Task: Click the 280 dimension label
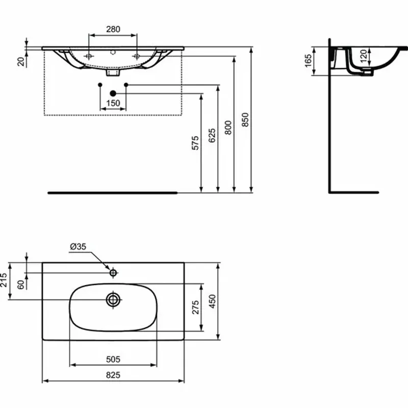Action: coord(113,29)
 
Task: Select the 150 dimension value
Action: coord(113,103)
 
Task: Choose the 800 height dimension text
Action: coord(228,127)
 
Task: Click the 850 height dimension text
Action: coord(245,119)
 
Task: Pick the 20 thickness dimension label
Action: coord(21,61)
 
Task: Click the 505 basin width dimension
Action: coord(113,359)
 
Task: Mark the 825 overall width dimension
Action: coord(113,375)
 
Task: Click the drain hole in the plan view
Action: coord(113,299)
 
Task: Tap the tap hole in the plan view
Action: coord(113,273)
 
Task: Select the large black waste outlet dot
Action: coord(113,93)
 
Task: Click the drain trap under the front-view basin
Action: coord(113,72)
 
